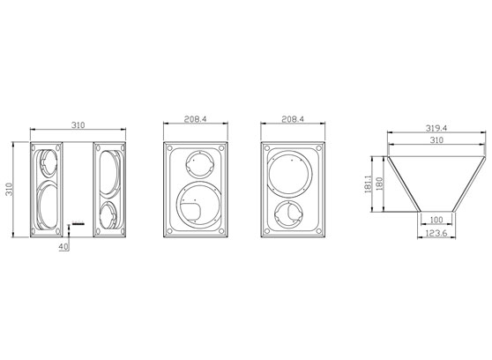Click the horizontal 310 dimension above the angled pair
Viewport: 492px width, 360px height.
pos(78,126)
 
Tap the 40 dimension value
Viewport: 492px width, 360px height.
pos(63,247)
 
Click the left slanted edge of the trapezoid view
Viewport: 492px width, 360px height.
pos(404,184)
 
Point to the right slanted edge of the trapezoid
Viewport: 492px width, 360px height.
pos(468,184)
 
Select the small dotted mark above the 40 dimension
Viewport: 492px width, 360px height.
pos(78,222)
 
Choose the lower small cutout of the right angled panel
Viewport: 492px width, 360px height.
pos(108,214)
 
